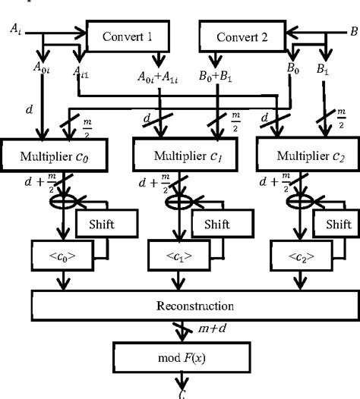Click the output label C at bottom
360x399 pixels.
(180, 394)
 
